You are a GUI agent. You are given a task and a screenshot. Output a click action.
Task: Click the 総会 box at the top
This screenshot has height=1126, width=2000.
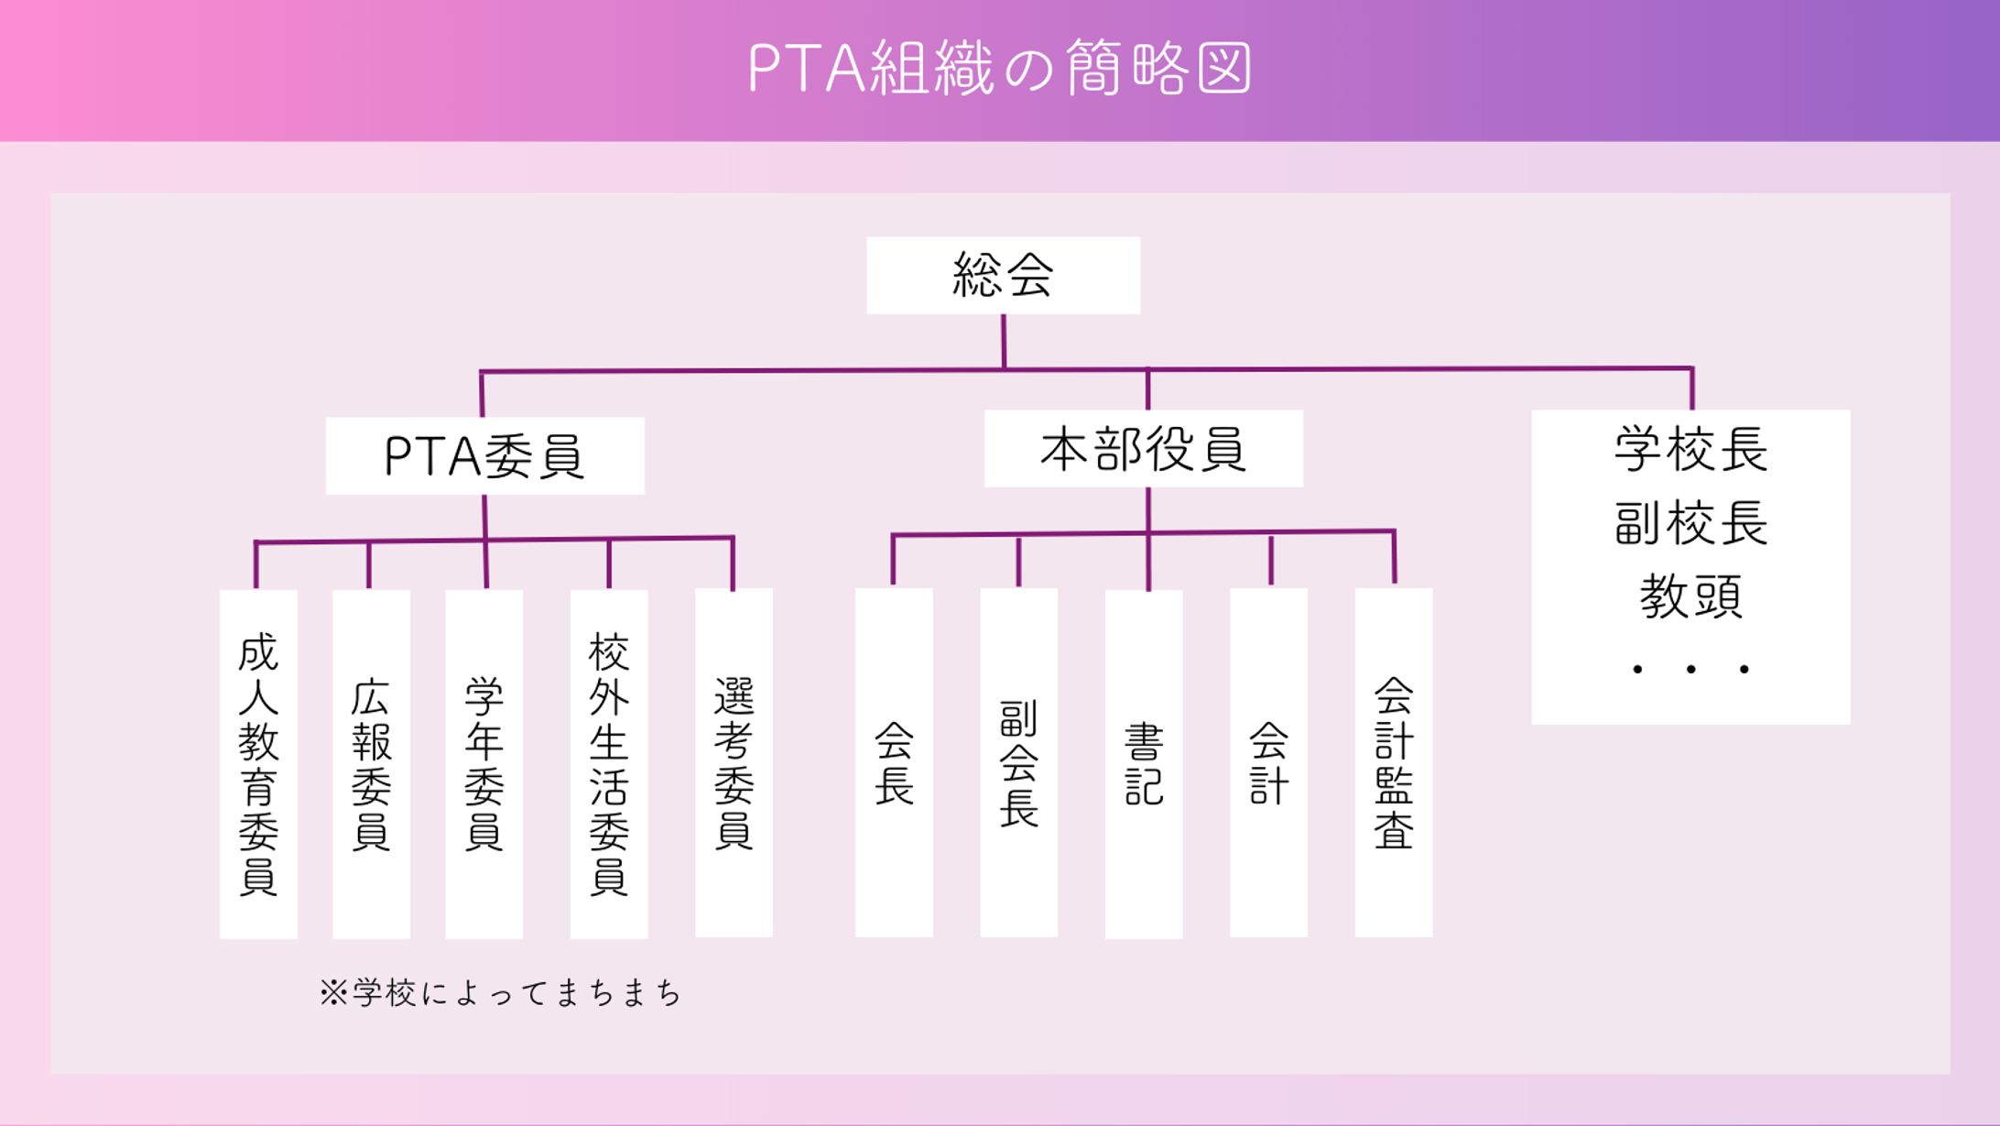click(1003, 276)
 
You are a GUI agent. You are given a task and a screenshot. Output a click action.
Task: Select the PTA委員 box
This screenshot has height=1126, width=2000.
click(484, 456)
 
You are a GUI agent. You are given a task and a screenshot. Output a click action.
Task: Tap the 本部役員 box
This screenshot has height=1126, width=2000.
click(1143, 449)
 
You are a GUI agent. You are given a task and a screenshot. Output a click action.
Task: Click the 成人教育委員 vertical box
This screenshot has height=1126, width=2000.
click(258, 763)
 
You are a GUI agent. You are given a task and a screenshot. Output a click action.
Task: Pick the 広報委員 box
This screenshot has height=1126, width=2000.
click(371, 763)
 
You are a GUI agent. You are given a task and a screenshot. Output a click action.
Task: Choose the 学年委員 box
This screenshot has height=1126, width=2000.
click(484, 763)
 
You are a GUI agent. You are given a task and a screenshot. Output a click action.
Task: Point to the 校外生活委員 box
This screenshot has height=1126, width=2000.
click(609, 763)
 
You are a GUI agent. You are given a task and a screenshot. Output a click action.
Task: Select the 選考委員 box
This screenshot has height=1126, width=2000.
click(734, 762)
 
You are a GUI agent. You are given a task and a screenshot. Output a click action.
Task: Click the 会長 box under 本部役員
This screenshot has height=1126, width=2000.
click(894, 762)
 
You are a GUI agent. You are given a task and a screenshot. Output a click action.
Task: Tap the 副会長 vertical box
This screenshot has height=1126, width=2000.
click(1018, 762)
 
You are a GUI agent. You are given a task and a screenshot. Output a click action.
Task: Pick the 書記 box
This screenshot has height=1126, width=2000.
click(1144, 763)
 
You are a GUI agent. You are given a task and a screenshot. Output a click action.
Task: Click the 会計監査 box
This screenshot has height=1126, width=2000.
click(1393, 762)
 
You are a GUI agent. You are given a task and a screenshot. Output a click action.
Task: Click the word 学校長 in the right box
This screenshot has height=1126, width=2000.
click(1690, 450)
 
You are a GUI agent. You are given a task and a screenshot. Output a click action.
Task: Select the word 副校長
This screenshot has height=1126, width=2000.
click(1690, 523)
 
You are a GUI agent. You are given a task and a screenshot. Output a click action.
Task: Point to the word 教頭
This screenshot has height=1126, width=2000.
click(1690, 596)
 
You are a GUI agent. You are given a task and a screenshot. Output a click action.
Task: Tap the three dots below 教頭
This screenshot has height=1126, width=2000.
click(1690, 670)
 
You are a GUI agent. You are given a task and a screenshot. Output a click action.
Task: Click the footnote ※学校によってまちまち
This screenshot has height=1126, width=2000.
click(500, 993)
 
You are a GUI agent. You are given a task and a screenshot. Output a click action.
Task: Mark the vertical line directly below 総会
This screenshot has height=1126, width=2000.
click(1004, 341)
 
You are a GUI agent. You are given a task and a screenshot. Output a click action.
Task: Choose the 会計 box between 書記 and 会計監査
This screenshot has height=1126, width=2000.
click(1268, 762)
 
